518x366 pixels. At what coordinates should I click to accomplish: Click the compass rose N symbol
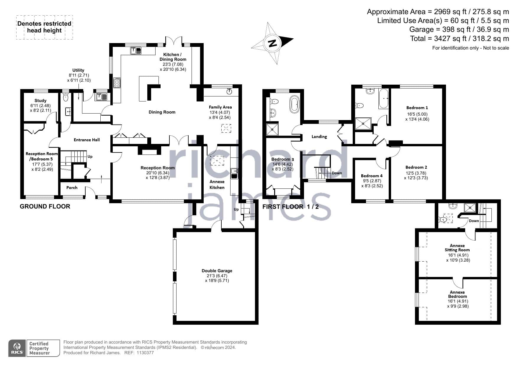point(272,43)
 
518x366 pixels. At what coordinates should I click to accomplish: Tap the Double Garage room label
point(217,271)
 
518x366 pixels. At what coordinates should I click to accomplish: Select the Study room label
point(40,101)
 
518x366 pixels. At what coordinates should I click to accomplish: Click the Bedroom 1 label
point(417,108)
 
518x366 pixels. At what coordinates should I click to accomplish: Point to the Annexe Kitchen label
point(217,185)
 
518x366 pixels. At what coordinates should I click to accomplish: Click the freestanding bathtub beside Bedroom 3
point(295,104)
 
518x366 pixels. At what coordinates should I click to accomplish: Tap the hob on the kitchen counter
point(117,83)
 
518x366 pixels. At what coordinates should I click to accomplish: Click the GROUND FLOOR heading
point(45,206)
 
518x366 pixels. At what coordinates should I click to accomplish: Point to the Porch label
point(72,188)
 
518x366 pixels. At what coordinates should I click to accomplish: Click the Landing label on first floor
point(319,137)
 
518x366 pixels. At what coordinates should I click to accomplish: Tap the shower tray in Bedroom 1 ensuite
point(363,124)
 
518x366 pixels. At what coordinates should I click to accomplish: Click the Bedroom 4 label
point(372,176)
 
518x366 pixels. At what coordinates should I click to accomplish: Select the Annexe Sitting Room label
point(457,248)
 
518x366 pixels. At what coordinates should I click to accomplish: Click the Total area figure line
point(460,38)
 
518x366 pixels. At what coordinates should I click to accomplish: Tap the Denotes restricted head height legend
point(44,27)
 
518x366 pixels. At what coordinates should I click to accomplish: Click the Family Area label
point(220,107)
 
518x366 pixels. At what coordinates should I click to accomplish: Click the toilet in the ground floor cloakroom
point(66,97)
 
